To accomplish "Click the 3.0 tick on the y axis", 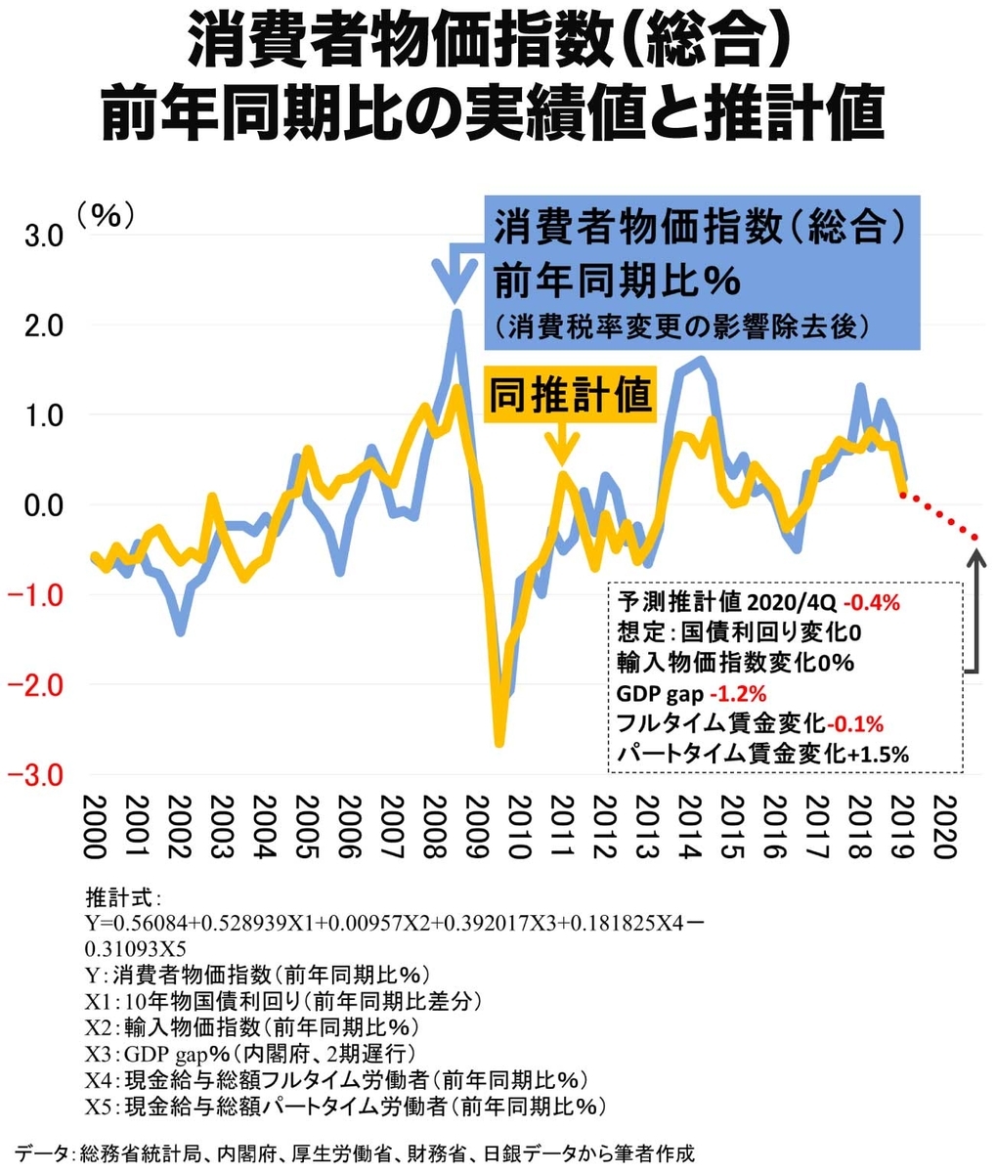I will [x=45, y=237].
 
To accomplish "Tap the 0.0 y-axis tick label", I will [x=45, y=506].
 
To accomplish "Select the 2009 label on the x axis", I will [x=476, y=826].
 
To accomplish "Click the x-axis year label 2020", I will [x=943, y=826].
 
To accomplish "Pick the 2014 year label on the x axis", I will [x=688, y=826].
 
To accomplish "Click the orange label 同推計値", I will [x=570, y=396].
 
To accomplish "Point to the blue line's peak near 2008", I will [x=455, y=313].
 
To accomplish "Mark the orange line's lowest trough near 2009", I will [x=499, y=743].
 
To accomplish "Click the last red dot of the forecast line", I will [x=974, y=537].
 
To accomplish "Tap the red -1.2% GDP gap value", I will [x=739, y=694].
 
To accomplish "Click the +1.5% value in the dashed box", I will [x=878, y=755].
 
